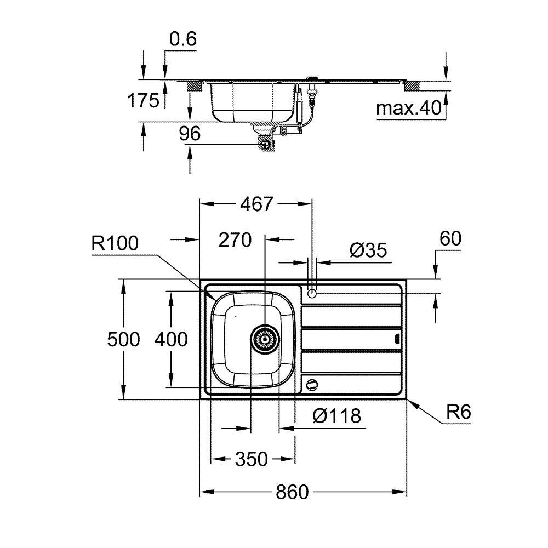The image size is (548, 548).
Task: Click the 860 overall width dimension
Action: (x=292, y=492)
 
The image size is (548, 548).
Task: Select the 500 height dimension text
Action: (x=124, y=340)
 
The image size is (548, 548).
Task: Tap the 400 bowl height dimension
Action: (x=170, y=340)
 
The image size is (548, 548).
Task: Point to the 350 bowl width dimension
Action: (x=253, y=459)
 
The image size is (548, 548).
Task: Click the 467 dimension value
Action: (x=256, y=204)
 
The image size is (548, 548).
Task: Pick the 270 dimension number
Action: (x=235, y=239)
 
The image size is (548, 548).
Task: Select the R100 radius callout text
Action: (x=115, y=243)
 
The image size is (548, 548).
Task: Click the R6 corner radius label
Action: (x=458, y=412)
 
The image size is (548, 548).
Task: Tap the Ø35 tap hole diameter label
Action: (x=368, y=250)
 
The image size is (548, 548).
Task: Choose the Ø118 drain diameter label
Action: (x=337, y=416)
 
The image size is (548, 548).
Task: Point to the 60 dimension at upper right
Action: (x=450, y=238)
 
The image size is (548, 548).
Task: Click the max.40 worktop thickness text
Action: (x=409, y=109)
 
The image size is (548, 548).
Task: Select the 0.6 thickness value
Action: (x=183, y=39)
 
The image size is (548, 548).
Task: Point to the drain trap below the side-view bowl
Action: (x=266, y=144)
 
